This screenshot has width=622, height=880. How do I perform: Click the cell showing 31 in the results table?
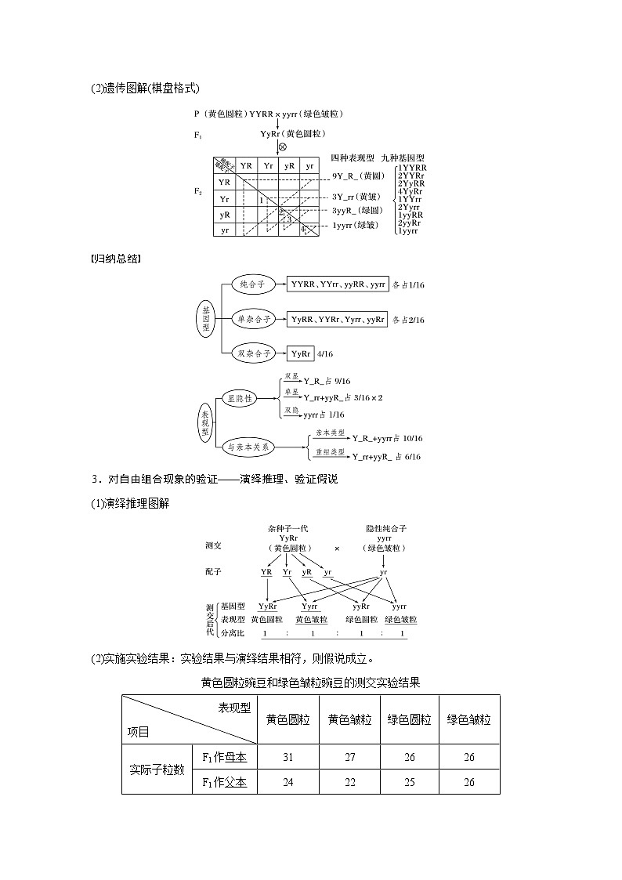[x=287, y=757]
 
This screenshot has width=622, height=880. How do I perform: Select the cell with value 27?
[x=349, y=757]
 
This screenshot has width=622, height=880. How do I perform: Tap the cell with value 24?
[x=287, y=782]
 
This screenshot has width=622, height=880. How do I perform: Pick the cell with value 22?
[x=349, y=782]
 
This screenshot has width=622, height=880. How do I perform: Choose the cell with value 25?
[x=409, y=782]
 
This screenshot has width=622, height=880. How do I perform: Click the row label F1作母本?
[x=224, y=757]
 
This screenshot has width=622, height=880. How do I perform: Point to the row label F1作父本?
[x=224, y=782]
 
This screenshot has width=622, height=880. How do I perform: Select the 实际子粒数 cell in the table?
[x=157, y=770]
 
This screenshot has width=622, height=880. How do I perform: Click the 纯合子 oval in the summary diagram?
[x=255, y=285]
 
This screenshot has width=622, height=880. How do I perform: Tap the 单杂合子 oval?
[x=255, y=319]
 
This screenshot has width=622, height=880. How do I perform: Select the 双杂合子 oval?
[x=255, y=353]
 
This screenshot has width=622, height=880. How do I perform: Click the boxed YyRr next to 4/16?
[x=301, y=354]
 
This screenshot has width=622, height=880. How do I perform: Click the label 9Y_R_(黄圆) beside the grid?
[x=357, y=177]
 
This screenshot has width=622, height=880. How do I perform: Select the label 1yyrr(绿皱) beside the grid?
[x=358, y=226]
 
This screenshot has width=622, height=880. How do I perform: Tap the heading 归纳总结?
[x=116, y=258]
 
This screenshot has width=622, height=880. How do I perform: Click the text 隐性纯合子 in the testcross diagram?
[x=384, y=528]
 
